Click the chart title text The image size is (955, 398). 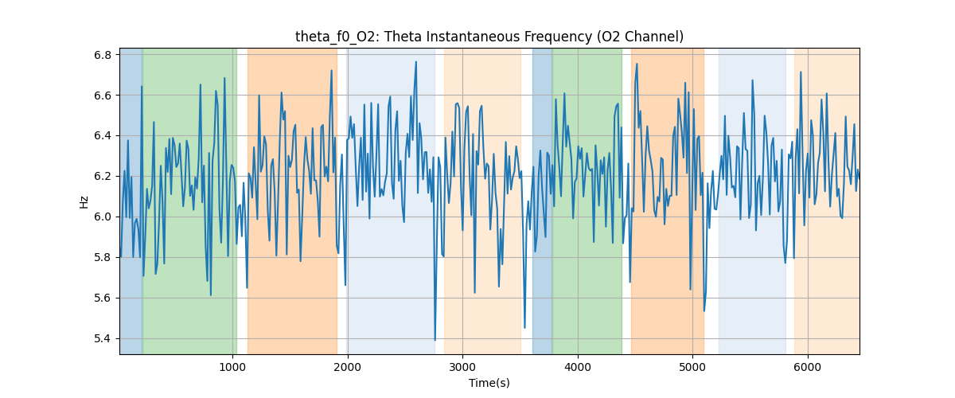(x=489, y=37)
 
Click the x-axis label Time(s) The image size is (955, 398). (x=489, y=383)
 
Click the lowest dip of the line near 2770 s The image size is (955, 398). (x=435, y=340)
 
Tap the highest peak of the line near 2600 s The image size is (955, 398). (x=415, y=62)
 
